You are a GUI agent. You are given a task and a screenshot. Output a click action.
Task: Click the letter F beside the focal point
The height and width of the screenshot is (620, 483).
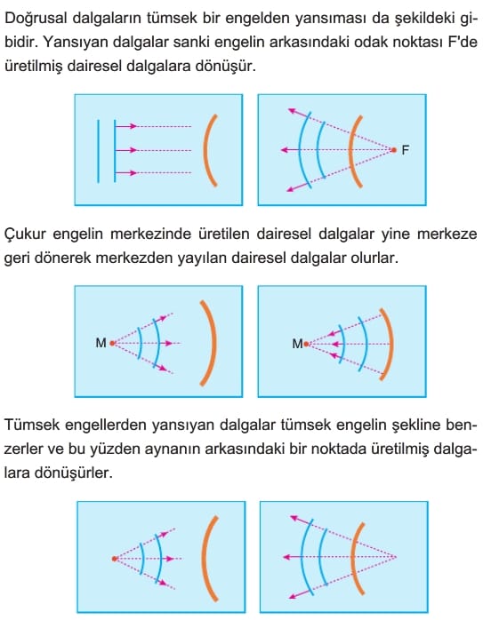[x=405, y=150]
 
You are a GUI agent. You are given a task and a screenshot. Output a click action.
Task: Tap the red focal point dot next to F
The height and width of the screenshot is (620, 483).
[x=393, y=150]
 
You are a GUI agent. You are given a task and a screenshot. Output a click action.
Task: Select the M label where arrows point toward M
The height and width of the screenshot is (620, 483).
[x=297, y=344]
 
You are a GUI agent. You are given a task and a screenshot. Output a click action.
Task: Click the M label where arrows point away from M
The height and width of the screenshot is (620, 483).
[x=101, y=343]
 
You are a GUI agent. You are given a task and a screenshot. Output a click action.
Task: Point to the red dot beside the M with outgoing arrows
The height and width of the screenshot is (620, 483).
[x=112, y=343]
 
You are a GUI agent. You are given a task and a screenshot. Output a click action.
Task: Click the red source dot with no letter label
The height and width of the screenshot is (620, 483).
[x=115, y=559]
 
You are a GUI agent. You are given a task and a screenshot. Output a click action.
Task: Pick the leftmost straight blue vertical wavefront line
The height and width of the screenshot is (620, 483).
[x=98, y=151]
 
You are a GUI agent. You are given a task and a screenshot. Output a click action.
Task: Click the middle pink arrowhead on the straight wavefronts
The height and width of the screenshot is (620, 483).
[x=133, y=150]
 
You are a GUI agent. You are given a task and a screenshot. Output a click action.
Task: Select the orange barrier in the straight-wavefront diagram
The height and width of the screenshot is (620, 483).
[x=205, y=150]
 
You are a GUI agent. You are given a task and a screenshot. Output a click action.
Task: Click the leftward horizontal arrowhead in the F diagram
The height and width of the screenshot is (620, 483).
[x=285, y=150]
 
